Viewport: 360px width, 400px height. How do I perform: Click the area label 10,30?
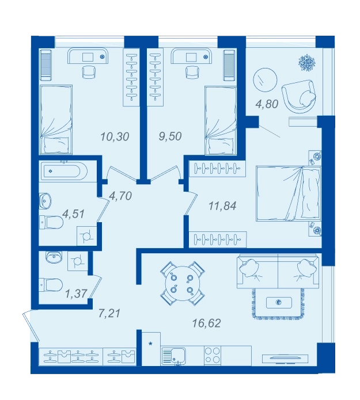pyautogui.click(x=115, y=137)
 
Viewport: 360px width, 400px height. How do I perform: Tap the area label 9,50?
pyautogui.click(x=170, y=136)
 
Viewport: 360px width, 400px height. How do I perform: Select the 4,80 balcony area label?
pyautogui.click(x=267, y=104)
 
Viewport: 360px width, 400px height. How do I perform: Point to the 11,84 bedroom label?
pyautogui.click(x=222, y=205)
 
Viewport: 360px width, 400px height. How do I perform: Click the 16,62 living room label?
pyautogui.click(x=206, y=323)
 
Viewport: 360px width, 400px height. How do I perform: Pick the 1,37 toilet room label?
pyautogui.click(x=77, y=294)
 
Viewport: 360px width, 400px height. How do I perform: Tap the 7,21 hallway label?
pyautogui.click(x=109, y=313)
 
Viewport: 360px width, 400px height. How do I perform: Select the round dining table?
pyautogui.click(x=182, y=283)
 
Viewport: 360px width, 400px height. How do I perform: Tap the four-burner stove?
pyautogui.click(x=213, y=355)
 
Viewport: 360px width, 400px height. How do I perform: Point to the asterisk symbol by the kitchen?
pyautogui.click(x=150, y=344)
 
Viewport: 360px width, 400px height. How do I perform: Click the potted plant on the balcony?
pyautogui.click(x=307, y=62)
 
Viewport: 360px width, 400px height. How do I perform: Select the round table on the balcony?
pyautogui.click(x=265, y=80)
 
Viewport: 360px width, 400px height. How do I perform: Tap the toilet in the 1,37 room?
pyautogui.click(x=51, y=285)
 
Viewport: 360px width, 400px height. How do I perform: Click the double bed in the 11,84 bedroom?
pyautogui.click(x=288, y=193)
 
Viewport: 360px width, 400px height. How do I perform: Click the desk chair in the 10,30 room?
pyautogui.click(x=89, y=71)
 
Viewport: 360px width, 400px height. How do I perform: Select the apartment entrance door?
pyautogui.click(x=31, y=326)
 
